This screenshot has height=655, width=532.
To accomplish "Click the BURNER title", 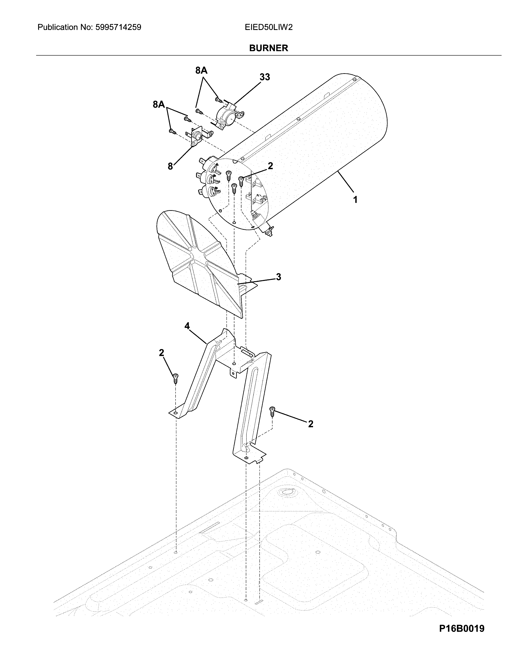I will (269, 48).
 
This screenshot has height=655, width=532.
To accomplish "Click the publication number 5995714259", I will (118, 28).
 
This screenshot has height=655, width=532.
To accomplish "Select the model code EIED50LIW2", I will (269, 28).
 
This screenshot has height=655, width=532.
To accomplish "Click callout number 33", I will (265, 77).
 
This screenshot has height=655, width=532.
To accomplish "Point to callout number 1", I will (355, 200).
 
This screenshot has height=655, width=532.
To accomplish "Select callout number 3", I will (278, 277).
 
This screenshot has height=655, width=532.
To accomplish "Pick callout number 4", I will (187, 326).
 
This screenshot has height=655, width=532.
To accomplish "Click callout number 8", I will (170, 166).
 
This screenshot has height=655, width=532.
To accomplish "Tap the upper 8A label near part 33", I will (201, 71).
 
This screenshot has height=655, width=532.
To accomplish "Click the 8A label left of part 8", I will (159, 105).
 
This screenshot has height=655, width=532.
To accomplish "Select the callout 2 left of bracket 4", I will (161, 353).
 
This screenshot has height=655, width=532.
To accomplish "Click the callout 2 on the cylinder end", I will (270, 166).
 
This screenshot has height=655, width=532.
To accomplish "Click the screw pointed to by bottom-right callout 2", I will (272, 411).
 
